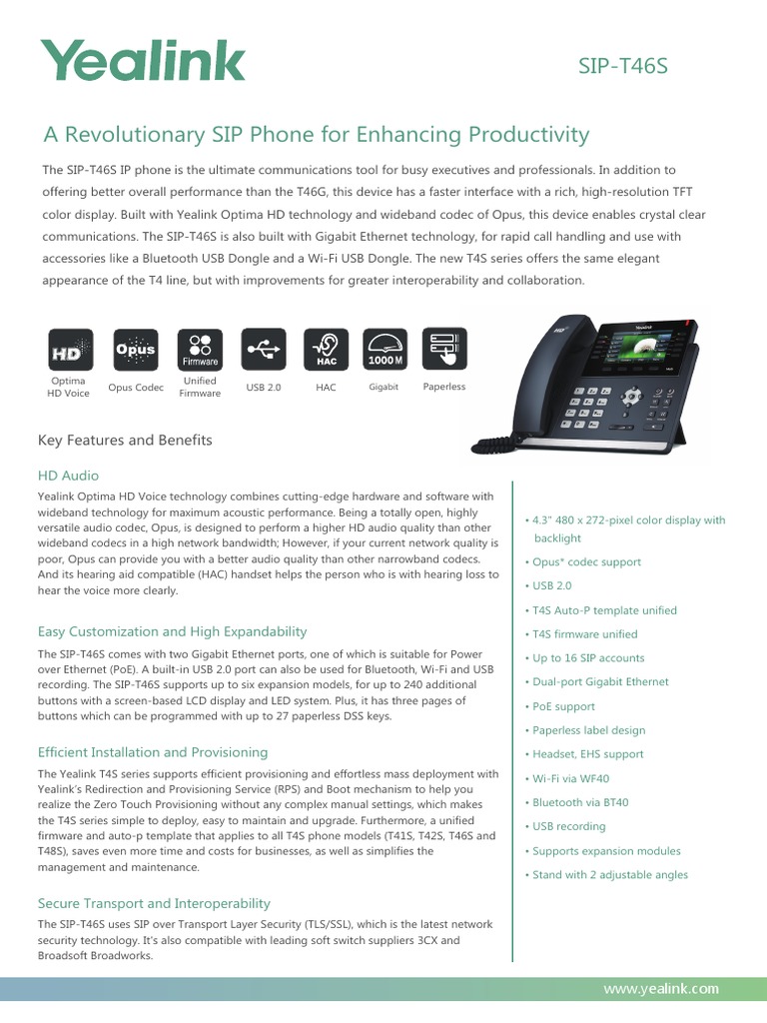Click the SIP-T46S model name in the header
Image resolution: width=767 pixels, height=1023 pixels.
point(622,66)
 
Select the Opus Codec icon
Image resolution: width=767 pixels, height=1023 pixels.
point(135,351)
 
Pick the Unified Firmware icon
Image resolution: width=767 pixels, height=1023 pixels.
point(200,351)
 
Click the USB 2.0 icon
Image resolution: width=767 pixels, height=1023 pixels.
point(264,351)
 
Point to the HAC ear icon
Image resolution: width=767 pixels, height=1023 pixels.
point(326,351)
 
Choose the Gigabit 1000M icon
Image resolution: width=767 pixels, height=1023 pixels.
point(384,351)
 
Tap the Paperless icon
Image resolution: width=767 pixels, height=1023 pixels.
point(444,351)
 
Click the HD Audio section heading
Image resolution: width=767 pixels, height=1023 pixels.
point(68,476)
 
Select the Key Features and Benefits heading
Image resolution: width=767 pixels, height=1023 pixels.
point(125,440)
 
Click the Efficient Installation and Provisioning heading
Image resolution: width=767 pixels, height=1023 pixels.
point(153,752)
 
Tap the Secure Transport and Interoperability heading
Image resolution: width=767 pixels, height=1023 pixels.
point(154,903)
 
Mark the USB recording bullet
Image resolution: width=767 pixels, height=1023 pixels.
point(568,826)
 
